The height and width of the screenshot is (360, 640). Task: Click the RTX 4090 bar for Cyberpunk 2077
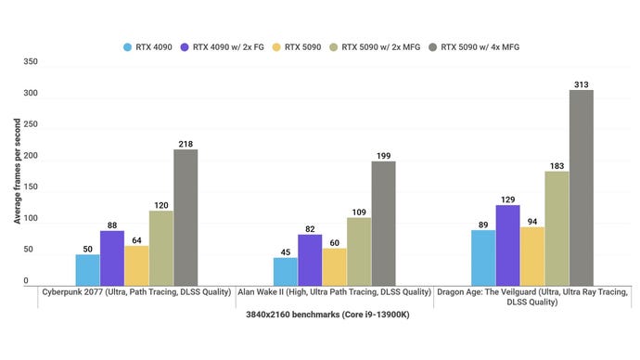(x=88, y=269)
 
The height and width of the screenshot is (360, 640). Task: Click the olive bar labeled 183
(x=557, y=227)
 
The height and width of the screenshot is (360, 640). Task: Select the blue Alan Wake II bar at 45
(x=286, y=271)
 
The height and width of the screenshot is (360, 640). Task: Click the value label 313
(x=581, y=84)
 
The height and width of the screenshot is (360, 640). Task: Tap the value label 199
(x=383, y=155)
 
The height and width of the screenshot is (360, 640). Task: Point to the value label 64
(x=136, y=239)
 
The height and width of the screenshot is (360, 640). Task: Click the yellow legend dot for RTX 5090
(x=277, y=45)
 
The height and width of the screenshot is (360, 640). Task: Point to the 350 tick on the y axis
(x=30, y=62)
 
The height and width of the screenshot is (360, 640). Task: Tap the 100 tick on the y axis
(x=30, y=219)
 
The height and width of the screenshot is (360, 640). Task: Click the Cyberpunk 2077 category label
(x=135, y=292)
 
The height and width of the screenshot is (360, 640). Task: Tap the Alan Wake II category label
(x=334, y=292)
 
